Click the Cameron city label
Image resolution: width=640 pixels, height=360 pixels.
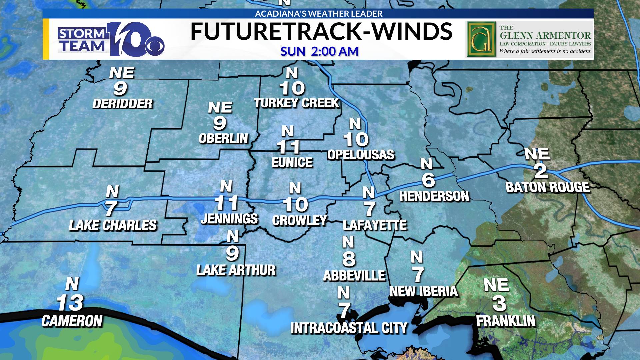(x=72, y=321)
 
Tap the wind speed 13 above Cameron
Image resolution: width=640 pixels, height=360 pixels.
(x=70, y=303)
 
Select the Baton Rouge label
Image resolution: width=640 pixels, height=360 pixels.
(x=548, y=187)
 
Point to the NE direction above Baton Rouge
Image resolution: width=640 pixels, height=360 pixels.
(x=537, y=154)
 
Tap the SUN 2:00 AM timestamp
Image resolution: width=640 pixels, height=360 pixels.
(x=319, y=51)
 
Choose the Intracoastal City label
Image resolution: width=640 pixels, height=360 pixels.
(x=349, y=328)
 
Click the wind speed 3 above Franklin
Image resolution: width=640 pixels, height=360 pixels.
(x=499, y=303)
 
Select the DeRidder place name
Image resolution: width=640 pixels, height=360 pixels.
(x=122, y=104)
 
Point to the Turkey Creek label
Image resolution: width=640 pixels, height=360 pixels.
(x=296, y=103)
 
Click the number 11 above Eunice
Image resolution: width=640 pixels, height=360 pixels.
(x=289, y=147)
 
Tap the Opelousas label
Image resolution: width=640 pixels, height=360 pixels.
(x=361, y=155)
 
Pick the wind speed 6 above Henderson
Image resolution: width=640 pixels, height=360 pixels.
(x=428, y=180)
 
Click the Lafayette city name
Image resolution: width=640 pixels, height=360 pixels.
(x=375, y=225)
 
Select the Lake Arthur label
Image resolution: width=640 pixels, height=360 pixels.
(x=236, y=270)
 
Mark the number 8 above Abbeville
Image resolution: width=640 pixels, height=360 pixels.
(x=349, y=259)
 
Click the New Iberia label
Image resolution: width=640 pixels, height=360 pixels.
(x=424, y=291)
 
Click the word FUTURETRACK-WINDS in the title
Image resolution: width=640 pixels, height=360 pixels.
(x=321, y=32)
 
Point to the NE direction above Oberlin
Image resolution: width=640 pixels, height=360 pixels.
(x=220, y=107)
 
